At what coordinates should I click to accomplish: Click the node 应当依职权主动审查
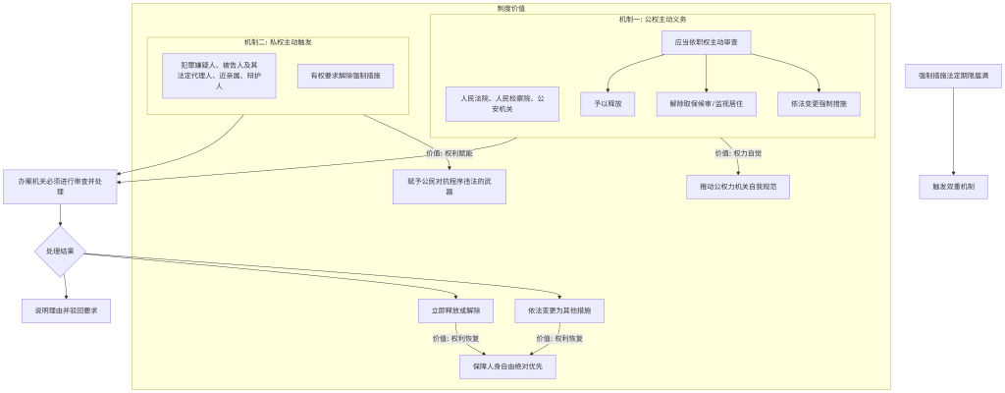tap(707, 42)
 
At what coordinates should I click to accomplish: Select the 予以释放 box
tap(608, 103)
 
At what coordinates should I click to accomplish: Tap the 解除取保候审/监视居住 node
tap(706, 103)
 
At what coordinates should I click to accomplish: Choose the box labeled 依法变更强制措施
tap(818, 103)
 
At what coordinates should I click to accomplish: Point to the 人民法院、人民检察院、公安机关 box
tap(502, 103)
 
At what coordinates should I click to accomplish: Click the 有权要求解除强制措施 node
tap(345, 76)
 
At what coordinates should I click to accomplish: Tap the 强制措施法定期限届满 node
tap(953, 76)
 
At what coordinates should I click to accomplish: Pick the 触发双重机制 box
tap(953, 186)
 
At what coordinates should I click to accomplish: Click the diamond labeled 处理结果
tap(60, 252)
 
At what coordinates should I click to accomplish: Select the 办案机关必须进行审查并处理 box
tap(60, 186)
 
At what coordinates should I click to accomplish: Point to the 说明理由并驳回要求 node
tap(66, 310)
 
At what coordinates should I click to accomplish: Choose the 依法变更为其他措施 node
tap(559, 310)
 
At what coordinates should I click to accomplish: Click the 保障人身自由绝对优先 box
tap(507, 366)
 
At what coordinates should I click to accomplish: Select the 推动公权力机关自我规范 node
tap(738, 186)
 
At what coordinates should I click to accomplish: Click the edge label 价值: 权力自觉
tap(738, 153)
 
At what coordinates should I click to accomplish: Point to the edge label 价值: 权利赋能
tap(450, 153)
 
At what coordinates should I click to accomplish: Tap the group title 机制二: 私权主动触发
tap(278, 42)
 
